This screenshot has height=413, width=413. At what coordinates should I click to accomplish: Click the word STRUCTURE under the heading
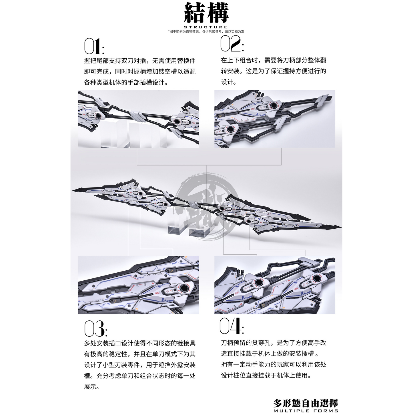point(206,27)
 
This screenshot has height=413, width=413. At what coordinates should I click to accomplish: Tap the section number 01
point(94,46)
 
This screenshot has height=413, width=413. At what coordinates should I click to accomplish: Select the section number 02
point(232,44)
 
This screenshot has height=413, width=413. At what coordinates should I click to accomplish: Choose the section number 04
point(232,326)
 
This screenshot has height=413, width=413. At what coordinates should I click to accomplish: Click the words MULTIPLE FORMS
point(306,411)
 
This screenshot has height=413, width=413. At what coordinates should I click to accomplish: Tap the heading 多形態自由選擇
point(306,403)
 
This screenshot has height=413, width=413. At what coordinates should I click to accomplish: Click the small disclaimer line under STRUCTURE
point(206,31)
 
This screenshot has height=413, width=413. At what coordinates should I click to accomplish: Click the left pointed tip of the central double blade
point(73,190)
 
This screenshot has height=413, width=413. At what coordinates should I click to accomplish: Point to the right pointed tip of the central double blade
point(341,227)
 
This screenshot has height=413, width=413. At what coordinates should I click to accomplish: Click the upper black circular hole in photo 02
point(273,105)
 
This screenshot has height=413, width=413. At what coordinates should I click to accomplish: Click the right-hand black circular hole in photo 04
point(316,278)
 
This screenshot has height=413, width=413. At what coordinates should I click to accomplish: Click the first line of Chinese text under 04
point(274,343)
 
